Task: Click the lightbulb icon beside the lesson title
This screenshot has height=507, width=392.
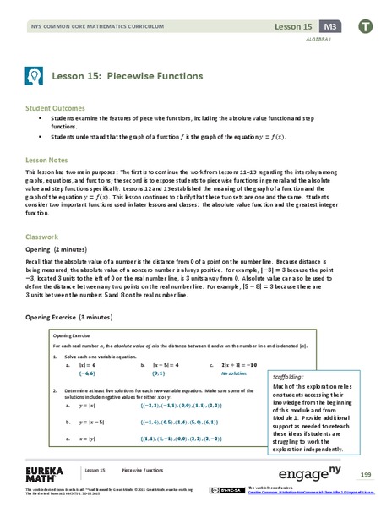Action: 33,75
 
